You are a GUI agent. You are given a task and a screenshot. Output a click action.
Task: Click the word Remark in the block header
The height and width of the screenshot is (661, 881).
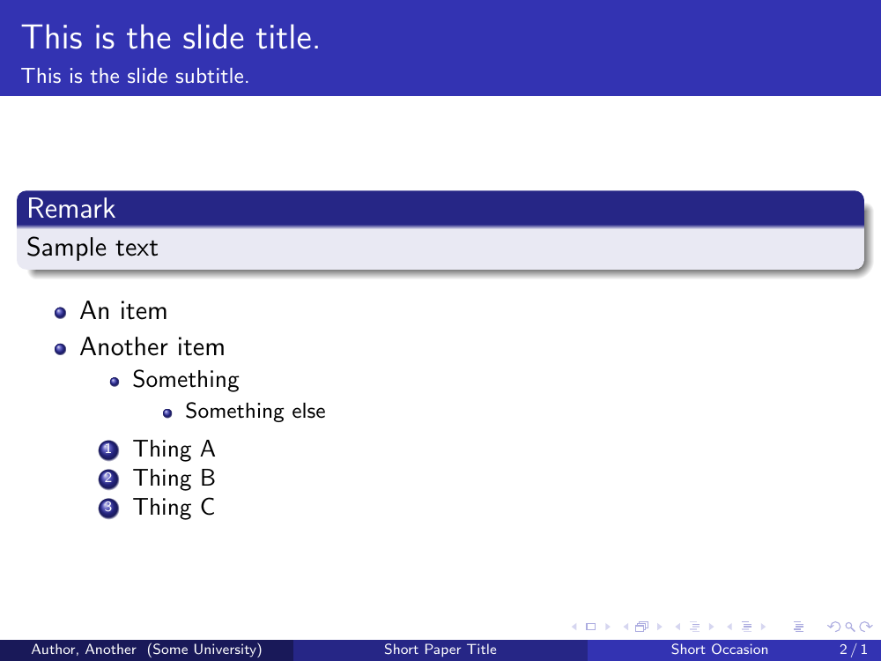coord(71,209)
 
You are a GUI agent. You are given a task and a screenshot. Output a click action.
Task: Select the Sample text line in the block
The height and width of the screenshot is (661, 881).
coord(93,248)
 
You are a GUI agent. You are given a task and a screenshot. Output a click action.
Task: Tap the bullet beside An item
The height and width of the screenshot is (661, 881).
coord(61,313)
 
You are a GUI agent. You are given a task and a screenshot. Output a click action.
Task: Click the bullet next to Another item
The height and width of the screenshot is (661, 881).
coord(61,349)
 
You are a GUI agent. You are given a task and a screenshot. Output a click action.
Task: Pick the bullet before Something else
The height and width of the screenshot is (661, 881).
coord(167,413)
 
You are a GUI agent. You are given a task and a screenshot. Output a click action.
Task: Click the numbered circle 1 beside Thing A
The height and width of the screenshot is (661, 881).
coord(108,449)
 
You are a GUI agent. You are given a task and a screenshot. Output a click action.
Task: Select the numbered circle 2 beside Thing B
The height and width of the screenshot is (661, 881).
coord(108,479)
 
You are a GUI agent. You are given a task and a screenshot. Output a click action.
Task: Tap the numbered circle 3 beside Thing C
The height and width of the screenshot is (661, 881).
coord(108,508)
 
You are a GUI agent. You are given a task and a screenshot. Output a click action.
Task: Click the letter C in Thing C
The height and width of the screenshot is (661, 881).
coord(207,507)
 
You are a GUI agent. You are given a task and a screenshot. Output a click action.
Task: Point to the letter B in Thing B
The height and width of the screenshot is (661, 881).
coord(207,478)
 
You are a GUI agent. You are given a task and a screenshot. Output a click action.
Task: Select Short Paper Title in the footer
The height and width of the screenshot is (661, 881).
coord(440,650)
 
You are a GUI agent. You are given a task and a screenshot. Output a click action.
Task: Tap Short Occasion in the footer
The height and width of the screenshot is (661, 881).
coord(719,650)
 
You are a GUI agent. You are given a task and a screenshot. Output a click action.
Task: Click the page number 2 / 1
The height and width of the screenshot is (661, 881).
coord(854,650)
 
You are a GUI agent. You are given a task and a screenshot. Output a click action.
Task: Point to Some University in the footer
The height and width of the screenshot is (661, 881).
coord(204,650)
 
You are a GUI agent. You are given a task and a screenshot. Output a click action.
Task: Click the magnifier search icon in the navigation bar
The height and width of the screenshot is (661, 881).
coord(849,627)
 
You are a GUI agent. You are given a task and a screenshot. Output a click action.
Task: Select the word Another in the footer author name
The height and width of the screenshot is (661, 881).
coord(111,650)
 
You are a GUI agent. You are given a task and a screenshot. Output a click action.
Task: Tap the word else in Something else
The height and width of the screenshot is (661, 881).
coord(308,412)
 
